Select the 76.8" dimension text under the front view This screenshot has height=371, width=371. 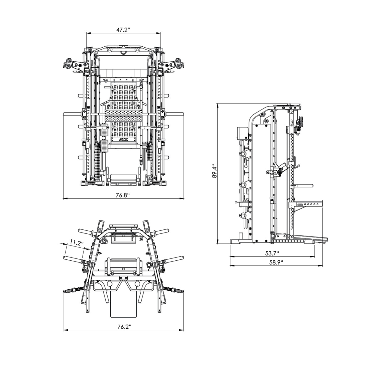tap(123, 195)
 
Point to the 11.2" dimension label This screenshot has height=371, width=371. tap(76, 243)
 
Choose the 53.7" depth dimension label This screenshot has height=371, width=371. tap(272, 253)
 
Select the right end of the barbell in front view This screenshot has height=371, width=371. tap(182, 114)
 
